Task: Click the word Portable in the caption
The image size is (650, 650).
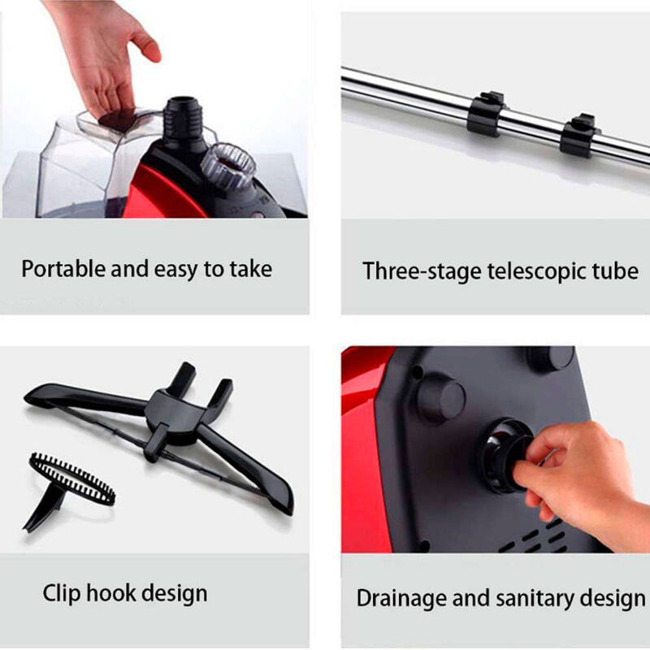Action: (x=63, y=270)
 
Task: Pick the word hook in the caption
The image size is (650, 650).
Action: (x=110, y=592)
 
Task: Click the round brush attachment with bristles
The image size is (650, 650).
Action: (x=71, y=478)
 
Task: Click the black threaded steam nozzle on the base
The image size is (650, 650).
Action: (x=184, y=121)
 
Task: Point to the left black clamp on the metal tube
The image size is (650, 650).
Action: (x=485, y=114)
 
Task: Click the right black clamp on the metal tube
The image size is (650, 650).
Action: (x=578, y=135)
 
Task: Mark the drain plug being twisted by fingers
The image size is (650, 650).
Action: (x=505, y=456)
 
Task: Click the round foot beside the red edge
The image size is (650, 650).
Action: (x=441, y=400)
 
